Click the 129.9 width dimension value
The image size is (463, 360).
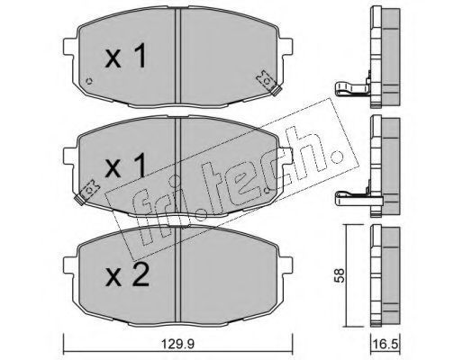[177, 344]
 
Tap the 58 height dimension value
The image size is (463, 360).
[340, 275]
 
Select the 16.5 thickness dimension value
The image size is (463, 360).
[386, 344]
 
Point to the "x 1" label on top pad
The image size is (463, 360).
[125, 56]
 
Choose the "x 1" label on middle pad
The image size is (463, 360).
[125, 165]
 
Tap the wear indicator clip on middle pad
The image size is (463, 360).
[86, 193]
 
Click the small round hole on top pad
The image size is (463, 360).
[89, 81]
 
